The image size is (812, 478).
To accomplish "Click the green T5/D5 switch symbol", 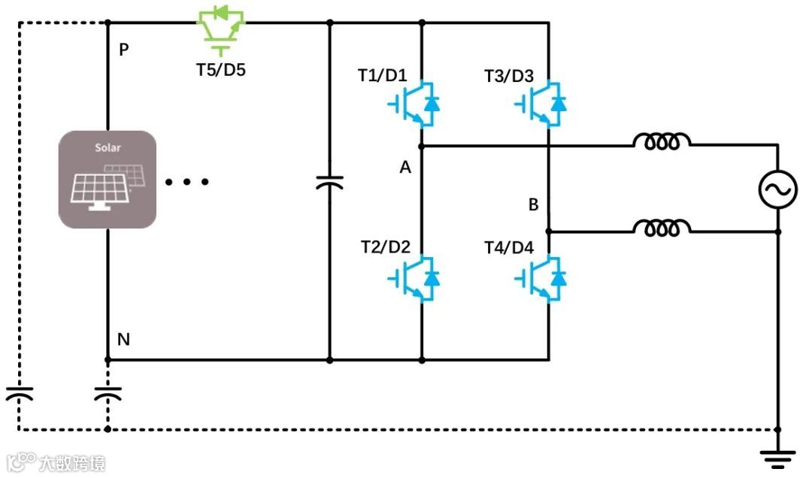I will [x=222, y=28].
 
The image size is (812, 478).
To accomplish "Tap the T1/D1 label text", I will [x=382, y=76].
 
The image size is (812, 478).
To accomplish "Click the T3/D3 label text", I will [x=508, y=76].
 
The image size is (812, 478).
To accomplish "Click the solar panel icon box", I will [x=108, y=180].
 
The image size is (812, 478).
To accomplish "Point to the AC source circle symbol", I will [x=777, y=189].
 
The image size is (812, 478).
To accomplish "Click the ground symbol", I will [x=777, y=455].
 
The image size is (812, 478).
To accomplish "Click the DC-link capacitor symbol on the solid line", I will [x=329, y=182].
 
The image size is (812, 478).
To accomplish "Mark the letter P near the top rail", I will [x=124, y=50].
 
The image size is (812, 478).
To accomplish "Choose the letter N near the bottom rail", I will [x=124, y=340].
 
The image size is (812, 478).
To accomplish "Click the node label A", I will [x=405, y=168].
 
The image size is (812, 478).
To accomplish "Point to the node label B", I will [x=533, y=204].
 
